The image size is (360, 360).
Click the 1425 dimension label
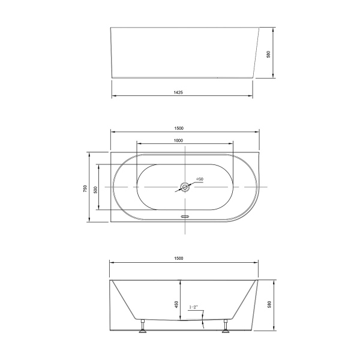[x=178, y=92]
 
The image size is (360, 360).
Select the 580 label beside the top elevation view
[x=269, y=53]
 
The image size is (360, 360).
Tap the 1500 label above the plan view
[x=179, y=127]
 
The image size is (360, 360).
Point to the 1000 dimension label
[x=178, y=140]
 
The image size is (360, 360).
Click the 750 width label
[x=86, y=187]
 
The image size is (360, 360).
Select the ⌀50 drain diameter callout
[x=200, y=179]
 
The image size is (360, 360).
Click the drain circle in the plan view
[x=185, y=187]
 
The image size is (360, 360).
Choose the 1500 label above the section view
[x=179, y=258]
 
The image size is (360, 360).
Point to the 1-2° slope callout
[x=194, y=308]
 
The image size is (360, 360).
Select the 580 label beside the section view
[x=269, y=305]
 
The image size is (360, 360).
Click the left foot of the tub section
[x=142, y=327]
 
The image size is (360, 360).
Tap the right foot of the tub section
[x=226, y=327]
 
